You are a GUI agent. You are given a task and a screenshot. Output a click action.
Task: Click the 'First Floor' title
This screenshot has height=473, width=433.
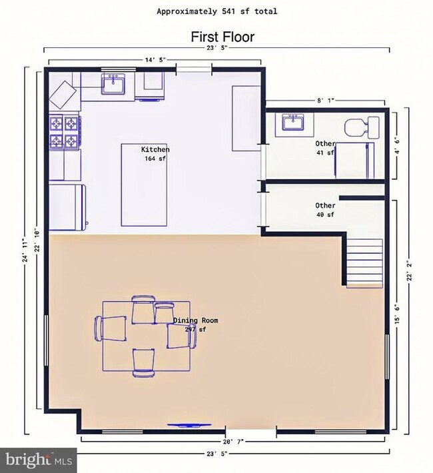click(222, 37)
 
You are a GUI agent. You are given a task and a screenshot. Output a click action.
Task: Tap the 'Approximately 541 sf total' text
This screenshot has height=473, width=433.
click(217, 11)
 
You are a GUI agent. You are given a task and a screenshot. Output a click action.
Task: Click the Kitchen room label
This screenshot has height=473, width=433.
click(155, 149)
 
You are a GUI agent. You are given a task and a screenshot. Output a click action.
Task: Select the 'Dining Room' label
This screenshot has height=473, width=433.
click(196, 320)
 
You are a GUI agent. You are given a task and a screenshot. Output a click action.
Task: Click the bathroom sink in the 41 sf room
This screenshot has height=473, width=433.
click(293, 123)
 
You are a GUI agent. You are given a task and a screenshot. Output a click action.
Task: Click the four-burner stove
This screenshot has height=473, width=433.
click(65, 133)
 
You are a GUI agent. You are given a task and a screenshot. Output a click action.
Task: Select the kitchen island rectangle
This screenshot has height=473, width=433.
click(145, 185)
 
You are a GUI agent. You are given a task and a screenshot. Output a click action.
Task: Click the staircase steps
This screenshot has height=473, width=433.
click(364, 263)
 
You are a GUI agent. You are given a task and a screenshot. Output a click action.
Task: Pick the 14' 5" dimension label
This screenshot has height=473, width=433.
click(155, 60)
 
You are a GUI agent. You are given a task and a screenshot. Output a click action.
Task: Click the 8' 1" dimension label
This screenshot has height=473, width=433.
click(326, 101)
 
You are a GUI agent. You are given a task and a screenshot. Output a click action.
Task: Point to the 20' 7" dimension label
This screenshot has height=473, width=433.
click(232, 442)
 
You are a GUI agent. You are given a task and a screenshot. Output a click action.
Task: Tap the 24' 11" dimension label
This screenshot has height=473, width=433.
click(25, 250)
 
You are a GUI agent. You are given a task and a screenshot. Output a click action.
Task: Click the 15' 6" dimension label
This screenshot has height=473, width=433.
click(397, 314)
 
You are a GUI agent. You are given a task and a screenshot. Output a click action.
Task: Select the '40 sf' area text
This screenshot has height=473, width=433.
click(325, 215)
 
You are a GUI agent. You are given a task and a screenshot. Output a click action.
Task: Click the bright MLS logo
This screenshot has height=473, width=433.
click(39, 460)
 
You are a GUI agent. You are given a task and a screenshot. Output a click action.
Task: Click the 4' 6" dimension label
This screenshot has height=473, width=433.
click(397, 146)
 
